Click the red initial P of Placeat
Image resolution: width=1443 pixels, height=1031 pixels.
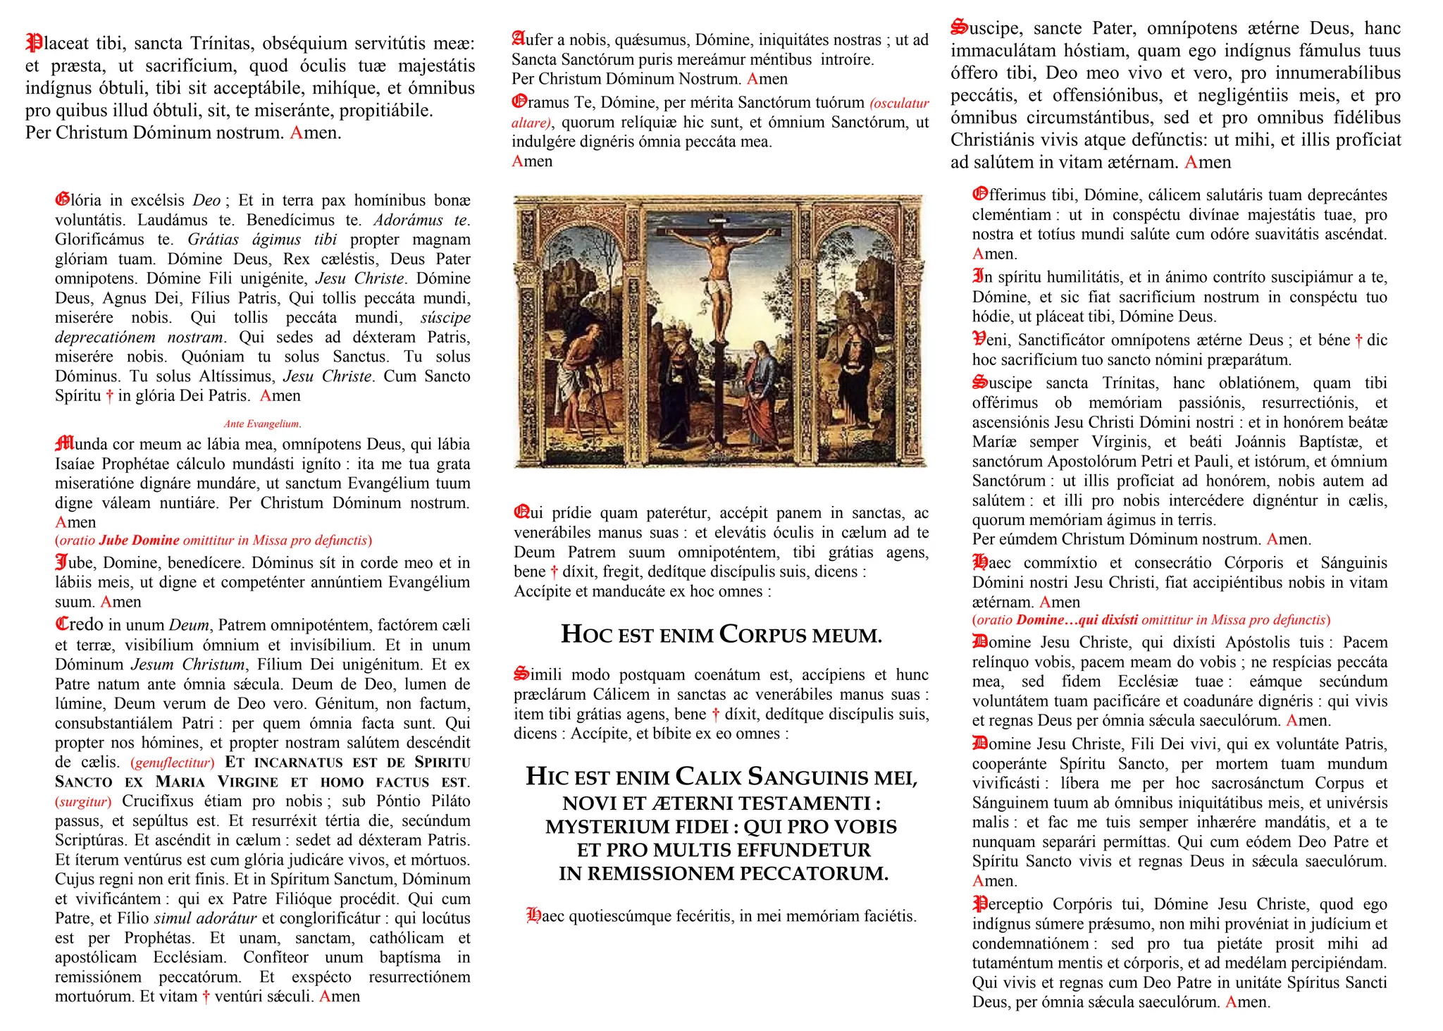click(x=33, y=43)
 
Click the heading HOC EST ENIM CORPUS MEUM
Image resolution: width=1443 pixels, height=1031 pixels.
click(x=721, y=635)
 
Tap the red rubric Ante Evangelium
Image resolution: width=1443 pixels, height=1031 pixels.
click(x=262, y=424)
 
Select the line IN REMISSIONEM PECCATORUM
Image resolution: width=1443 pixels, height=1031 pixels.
click(x=723, y=874)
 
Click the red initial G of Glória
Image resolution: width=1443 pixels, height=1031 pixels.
click(x=63, y=200)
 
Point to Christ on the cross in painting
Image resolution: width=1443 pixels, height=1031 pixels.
click(x=718, y=275)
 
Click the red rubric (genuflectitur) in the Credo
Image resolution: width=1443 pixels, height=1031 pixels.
click(x=173, y=763)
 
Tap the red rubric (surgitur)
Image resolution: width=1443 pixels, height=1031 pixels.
click(x=83, y=801)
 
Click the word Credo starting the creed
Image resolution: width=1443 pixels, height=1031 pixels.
click(x=79, y=624)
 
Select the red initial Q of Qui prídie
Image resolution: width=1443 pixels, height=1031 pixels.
click(x=522, y=512)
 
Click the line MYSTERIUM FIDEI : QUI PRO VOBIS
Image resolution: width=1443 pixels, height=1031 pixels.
click(x=721, y=827)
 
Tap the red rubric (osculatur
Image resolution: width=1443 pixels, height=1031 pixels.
click(x=899, y=103)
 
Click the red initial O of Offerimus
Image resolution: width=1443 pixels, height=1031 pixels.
click(x=980, y=195)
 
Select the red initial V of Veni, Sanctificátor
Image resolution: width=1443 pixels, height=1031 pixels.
click(x=979, y=340)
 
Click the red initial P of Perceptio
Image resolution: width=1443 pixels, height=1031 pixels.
click(x=979, y=903)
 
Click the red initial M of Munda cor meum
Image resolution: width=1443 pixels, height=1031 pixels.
click(x=64, y=444)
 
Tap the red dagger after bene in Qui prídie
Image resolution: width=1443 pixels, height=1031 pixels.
click(x=554, y=572)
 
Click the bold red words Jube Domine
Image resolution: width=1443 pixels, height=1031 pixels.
click(x=140, y=541)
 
